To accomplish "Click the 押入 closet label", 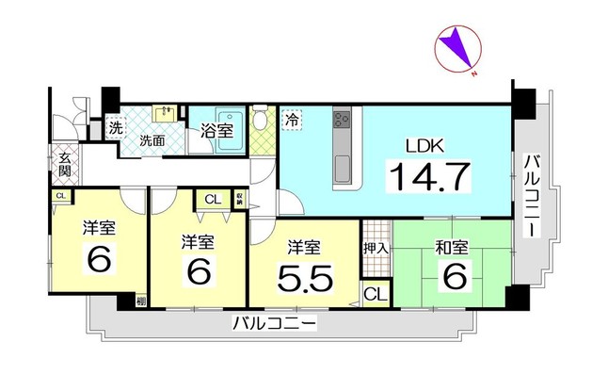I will [x=374, y=248].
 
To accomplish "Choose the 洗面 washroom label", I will [x=152, y=140].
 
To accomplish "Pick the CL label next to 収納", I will [x=212, y=199].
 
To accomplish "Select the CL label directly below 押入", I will [x=374, y=293].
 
